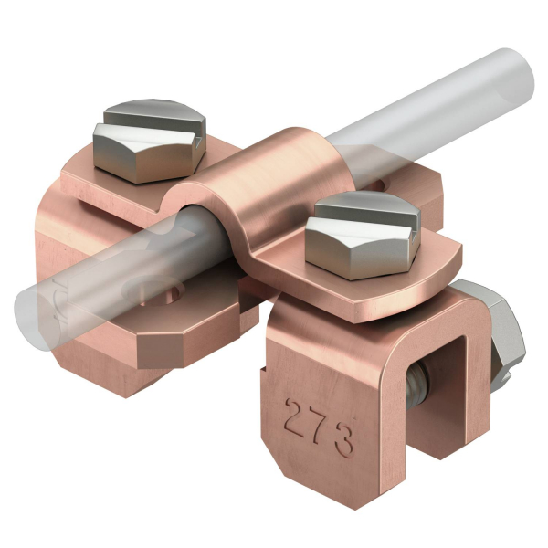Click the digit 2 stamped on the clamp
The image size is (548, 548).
(x=298, y=417)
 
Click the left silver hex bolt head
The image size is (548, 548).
(x=150, y=141)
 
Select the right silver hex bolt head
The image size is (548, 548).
(x=363, y=235)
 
